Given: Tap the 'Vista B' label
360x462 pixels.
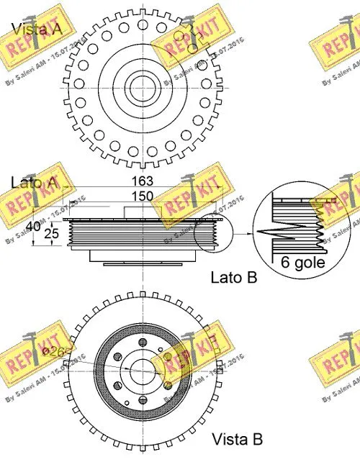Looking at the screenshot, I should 237,438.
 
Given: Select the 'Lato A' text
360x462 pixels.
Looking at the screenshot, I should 33,183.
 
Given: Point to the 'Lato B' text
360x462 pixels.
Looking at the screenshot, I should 233,276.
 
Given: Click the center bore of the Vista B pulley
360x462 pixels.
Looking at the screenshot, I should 142,372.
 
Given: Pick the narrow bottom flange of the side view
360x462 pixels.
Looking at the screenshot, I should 143,255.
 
